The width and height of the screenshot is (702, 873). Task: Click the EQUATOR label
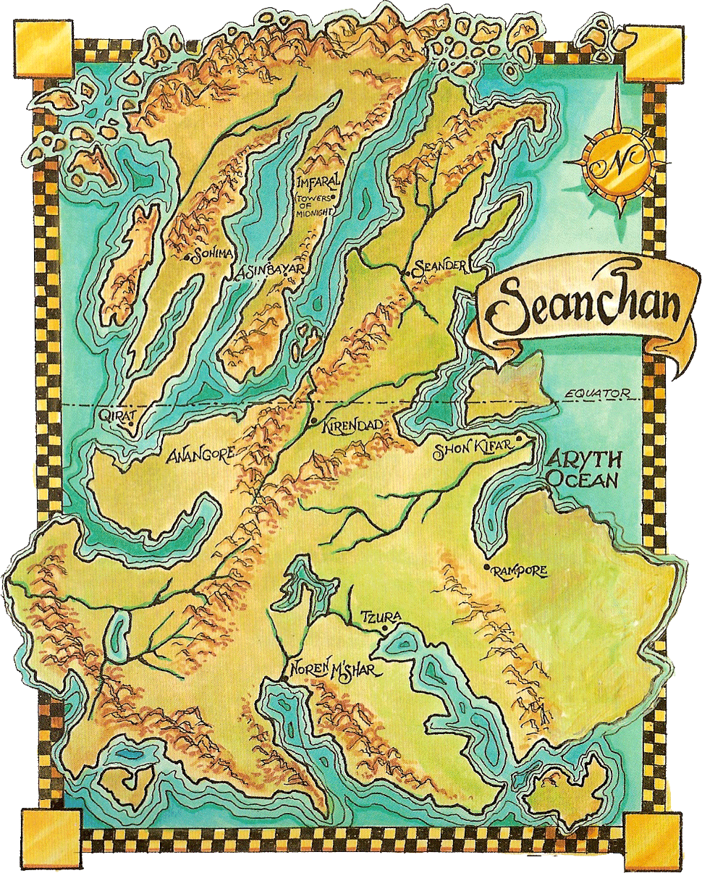pyautogui.click(x=595, y=395)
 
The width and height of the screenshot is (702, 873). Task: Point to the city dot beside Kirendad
pyautogui.click(x=313, y=421)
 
